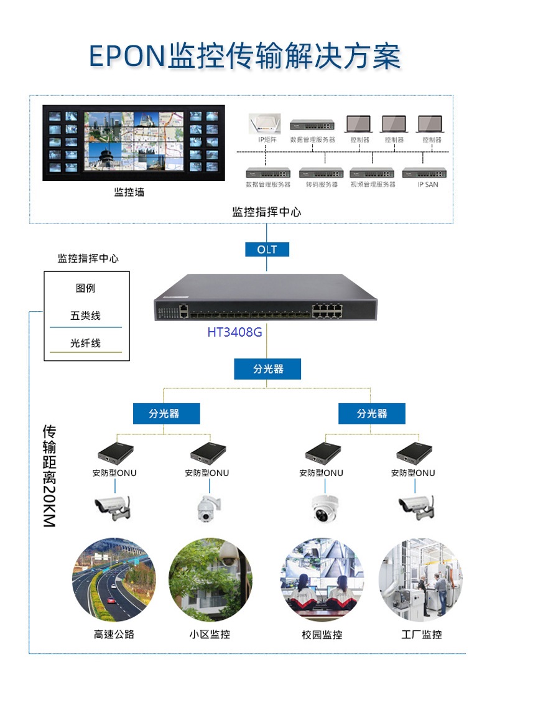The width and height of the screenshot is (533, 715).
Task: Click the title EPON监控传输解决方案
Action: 244,57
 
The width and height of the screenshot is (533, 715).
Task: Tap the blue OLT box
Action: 267,250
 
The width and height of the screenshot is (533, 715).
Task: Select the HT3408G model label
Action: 234,332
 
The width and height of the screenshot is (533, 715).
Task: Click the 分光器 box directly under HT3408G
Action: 267,369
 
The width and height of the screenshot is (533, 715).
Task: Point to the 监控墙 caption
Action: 129,192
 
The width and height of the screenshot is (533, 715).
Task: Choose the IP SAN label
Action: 427,184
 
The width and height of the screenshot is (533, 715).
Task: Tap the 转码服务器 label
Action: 322,184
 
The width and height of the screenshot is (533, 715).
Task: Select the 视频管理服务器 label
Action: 373,184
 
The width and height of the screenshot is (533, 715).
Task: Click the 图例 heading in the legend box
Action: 86,289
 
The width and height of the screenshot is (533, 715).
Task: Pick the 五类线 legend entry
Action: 85,316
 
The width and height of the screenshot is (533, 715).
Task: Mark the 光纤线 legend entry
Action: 85,343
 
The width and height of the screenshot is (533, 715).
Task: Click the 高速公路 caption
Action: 114,635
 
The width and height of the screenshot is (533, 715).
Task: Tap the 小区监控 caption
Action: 210,635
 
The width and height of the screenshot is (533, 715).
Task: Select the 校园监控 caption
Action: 322,635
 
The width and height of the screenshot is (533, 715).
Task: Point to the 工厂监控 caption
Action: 421,635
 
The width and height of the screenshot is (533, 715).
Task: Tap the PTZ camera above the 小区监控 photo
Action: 208,507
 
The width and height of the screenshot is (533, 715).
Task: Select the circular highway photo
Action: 114,580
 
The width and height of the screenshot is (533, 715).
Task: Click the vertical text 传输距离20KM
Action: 50,476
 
